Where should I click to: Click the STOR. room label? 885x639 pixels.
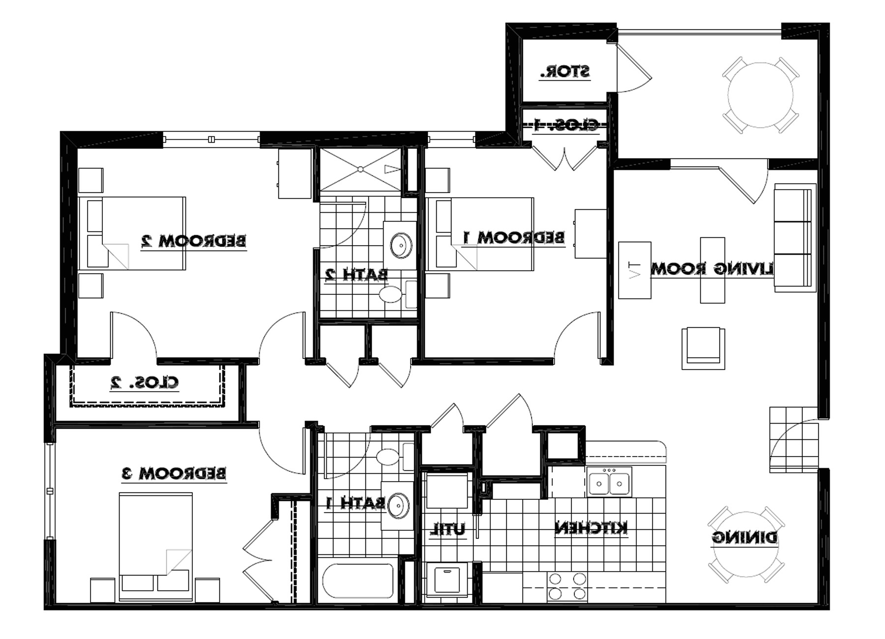coord(564,72)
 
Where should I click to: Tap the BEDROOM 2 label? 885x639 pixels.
coord(193,241)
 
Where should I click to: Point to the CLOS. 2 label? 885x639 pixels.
coord(144,382)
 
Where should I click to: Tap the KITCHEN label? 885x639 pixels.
coord(591,528)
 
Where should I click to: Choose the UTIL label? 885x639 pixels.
coord(448,530)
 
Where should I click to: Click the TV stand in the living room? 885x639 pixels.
coord(634,270)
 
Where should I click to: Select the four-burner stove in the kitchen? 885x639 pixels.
coord(567,586)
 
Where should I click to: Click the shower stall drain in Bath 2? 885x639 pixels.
coord(360,169)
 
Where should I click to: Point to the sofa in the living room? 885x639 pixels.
coord(794,237)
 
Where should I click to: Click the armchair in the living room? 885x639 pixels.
coord(703,348)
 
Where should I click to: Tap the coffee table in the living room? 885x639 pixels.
coord(712,270)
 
